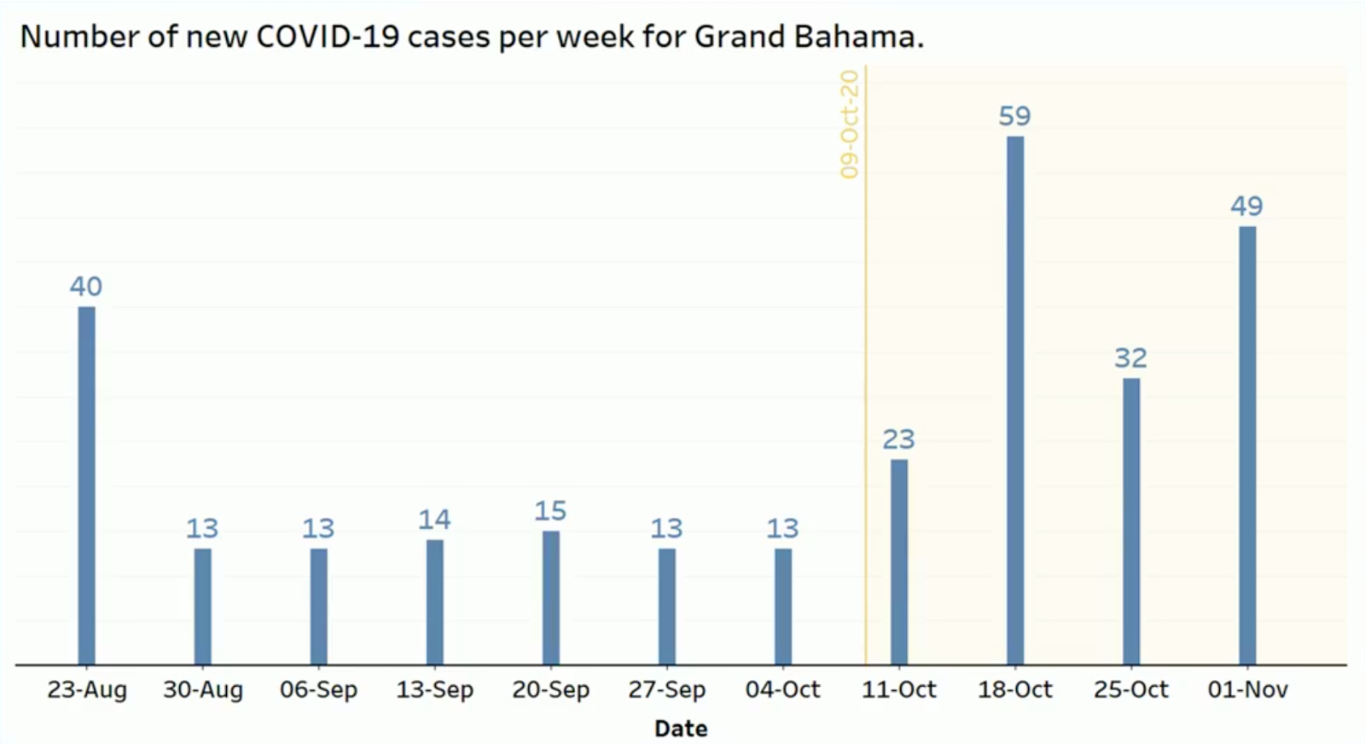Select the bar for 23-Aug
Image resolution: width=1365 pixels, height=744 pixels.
pyautogui.click(x=86, y=485)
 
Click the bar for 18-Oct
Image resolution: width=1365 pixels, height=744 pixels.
pyautogui.click(x=1015, y=400)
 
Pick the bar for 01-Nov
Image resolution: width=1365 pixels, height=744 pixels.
pyautogui.click(x=1247, y=445)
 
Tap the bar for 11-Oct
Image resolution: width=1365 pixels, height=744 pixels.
pyautogui.click(x=899, y=561)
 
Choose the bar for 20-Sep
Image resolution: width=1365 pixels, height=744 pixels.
pyautogui.click(x=551, y=598)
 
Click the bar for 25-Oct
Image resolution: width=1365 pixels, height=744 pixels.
pyautogui.click(x=1131, y=521)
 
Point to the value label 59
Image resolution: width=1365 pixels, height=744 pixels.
pyautogui.click(x=1014, y=116)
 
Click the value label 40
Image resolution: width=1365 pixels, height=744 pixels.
pyautogui.click(x=86, y=287)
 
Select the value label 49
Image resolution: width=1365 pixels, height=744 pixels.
pyautogui.click(x=1246, y=206)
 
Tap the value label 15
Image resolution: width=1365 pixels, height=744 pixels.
pyautogui.click(x=550, y=510)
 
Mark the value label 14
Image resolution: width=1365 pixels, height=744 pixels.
pyautogui.click(x=434, y=520)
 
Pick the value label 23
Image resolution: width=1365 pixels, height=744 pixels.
pyautogui.click(x=899, y=439)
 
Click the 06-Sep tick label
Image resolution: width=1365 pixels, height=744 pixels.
pyautogui.click(x=319, y=689)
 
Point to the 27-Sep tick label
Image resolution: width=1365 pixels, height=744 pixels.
pyautogui.click(x=666, y=689)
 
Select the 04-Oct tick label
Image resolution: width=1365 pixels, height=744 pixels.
pyautogui.click(x=783, y=689)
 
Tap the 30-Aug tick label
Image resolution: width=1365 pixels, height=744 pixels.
pyautogui.click(x=203, y=689)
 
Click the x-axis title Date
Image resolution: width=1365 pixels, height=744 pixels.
pyautogui.click(x=681, y=729)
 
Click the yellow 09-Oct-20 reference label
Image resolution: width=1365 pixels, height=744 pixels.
pyautogui.click(x=849, y=125)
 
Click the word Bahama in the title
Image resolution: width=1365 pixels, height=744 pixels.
pyautogui.click(x=858, y=37)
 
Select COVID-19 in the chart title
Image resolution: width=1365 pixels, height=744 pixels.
pyautogui.click(x=328, y=37)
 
